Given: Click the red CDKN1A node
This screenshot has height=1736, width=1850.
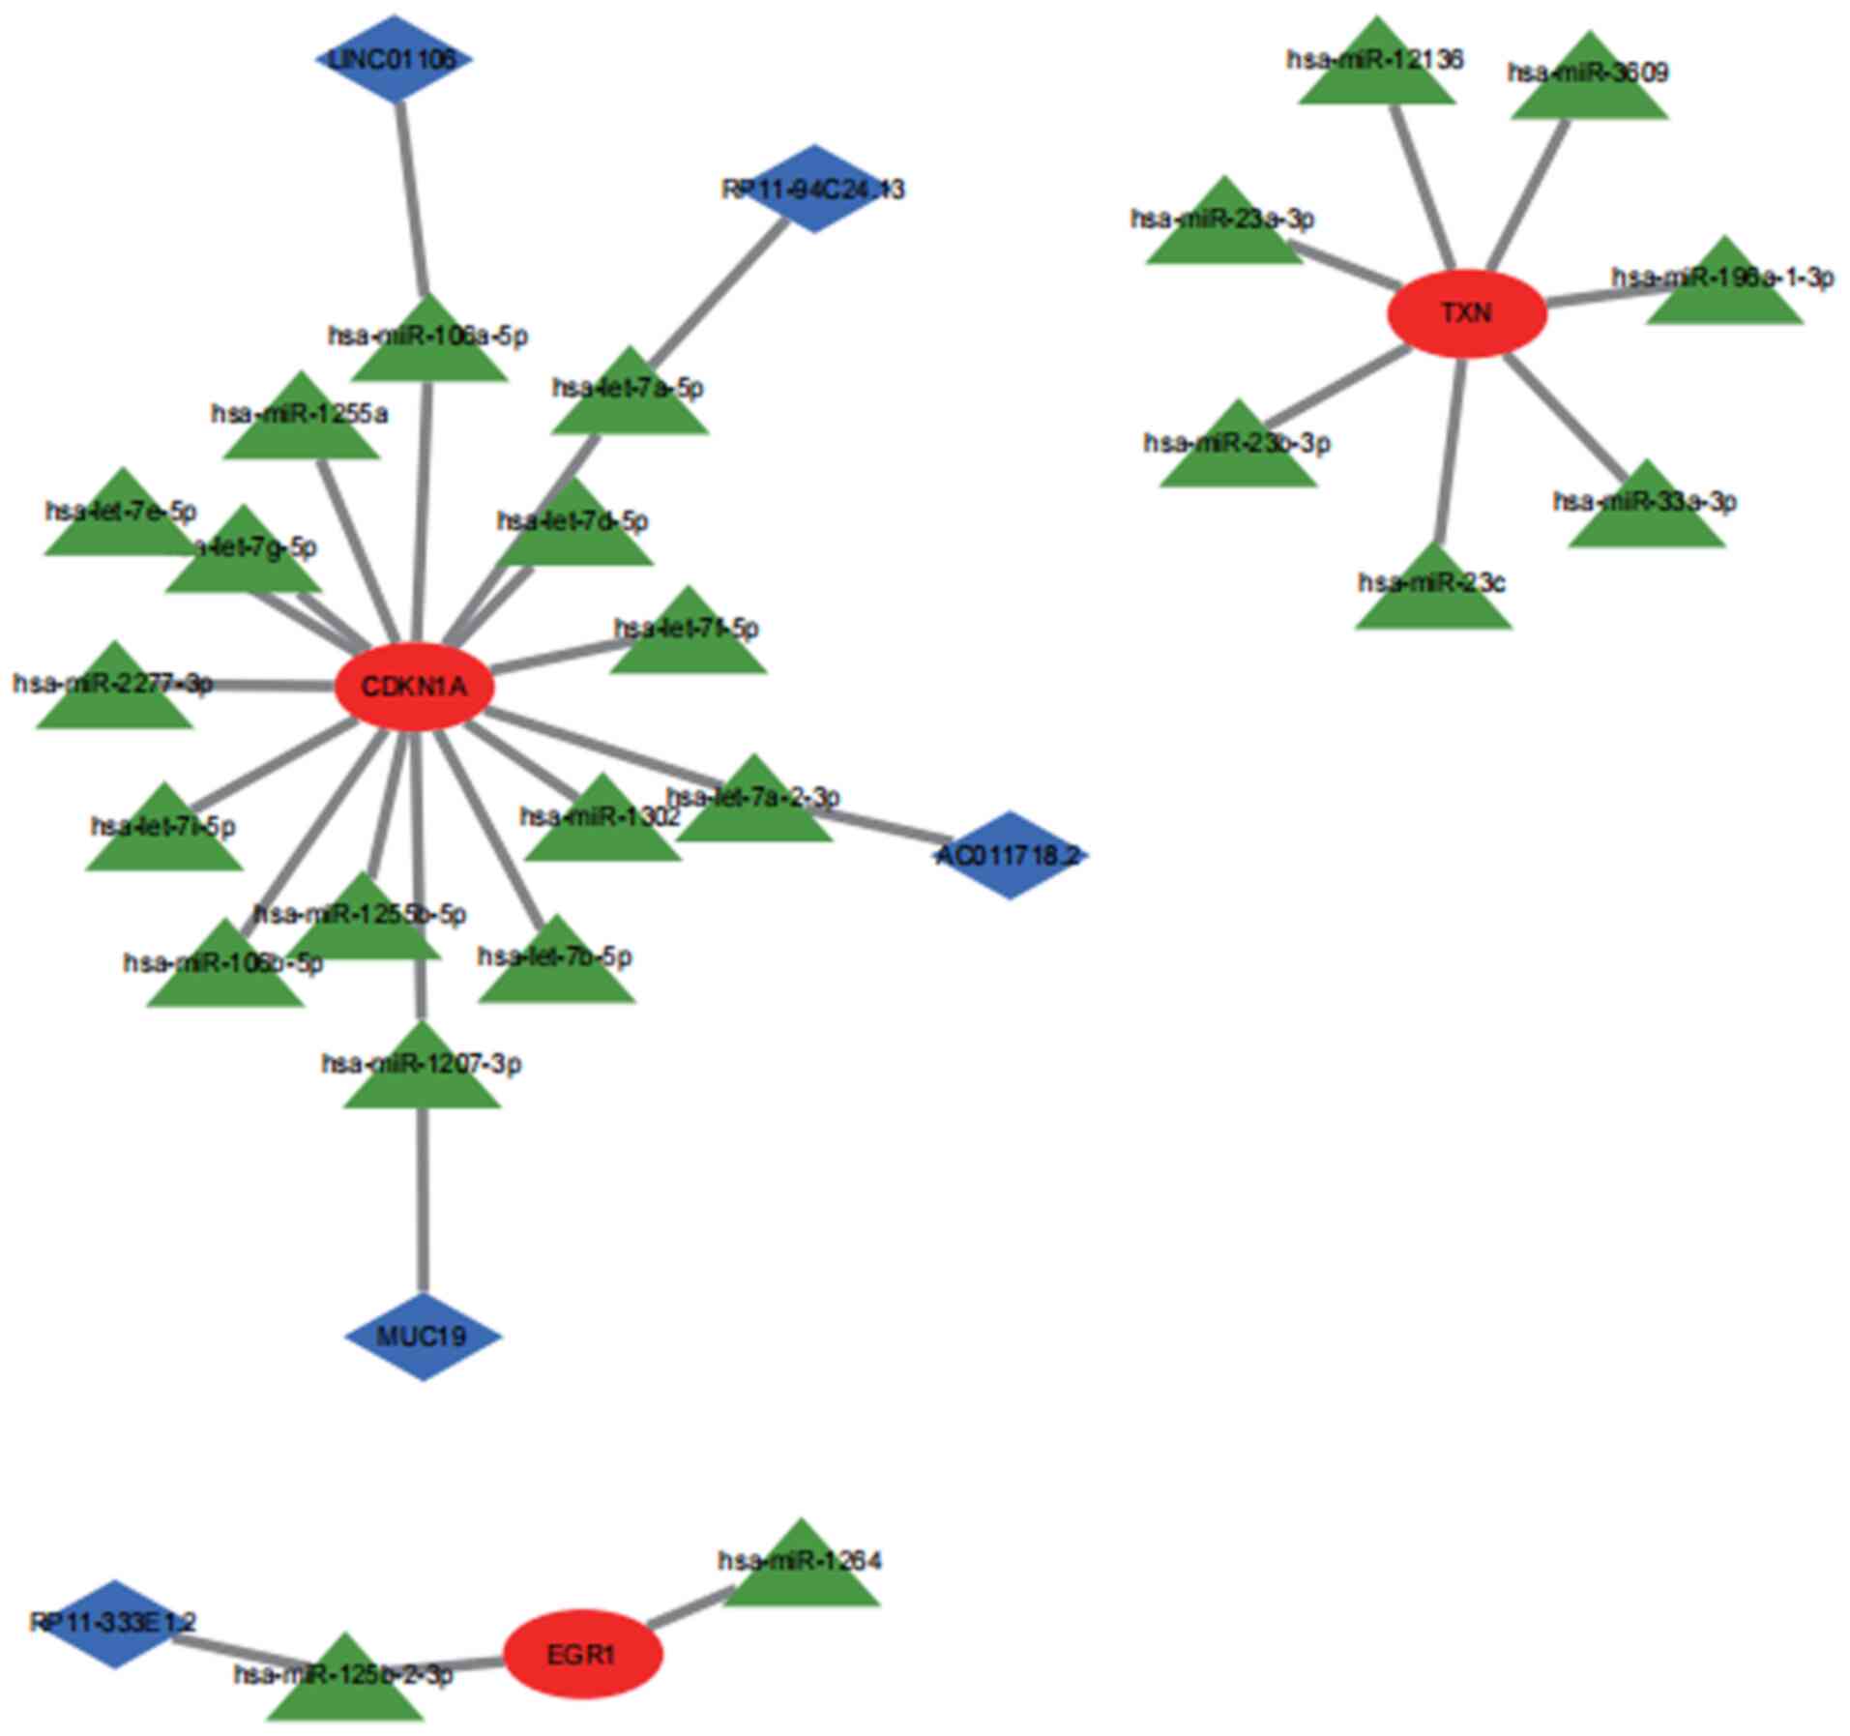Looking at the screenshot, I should [414, 687].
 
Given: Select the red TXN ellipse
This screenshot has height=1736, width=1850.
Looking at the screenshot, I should [1466, 313].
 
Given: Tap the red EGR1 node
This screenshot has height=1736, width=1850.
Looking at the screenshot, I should [582, 1654].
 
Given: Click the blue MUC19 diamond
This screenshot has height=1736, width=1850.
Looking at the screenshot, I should [423, 1337].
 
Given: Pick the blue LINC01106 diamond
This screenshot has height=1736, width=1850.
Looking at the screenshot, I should [394, 59].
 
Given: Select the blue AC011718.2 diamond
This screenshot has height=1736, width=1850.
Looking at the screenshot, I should [1009, 855].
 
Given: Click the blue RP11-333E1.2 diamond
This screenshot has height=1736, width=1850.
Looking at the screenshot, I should [115, 1624].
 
